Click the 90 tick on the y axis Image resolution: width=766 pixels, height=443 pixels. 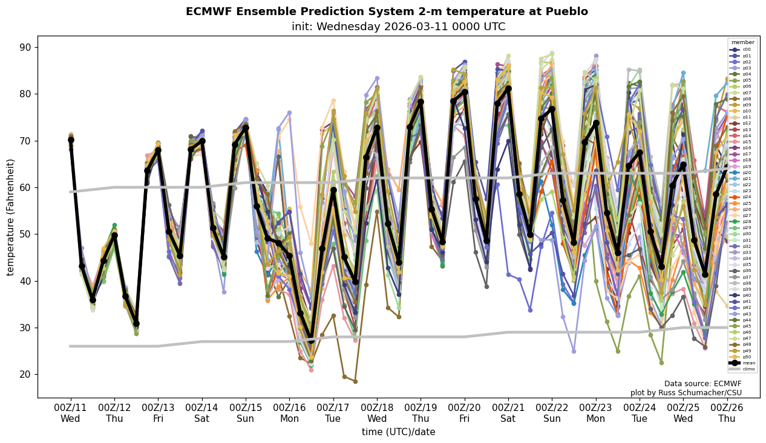click(26, 48)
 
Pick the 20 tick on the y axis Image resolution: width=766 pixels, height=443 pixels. click(26, 375)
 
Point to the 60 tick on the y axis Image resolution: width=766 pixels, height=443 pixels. click(26, 188)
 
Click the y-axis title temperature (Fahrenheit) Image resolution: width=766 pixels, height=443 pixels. click(11, 217)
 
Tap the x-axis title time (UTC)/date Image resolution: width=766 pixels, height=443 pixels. click(398, 432)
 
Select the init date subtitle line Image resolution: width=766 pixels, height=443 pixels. click(398, 27)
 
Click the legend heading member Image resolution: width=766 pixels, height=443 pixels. click(742, 42)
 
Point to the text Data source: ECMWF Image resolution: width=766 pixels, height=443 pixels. click(702, 384)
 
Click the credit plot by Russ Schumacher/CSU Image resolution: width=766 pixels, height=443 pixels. click(686, 393)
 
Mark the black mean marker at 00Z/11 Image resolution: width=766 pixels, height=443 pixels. click(71, 140)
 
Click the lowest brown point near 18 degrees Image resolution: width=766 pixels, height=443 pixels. click(355, 381)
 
